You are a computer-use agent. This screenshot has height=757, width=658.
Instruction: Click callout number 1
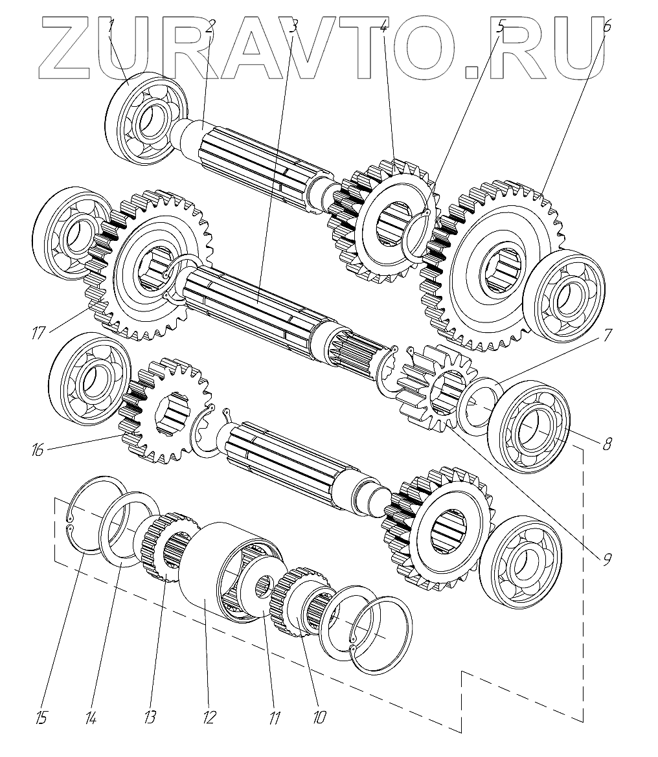point(111,27)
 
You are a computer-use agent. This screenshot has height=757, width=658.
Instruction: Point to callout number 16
point(37,449)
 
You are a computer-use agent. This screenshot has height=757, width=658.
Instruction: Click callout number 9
point(606,559)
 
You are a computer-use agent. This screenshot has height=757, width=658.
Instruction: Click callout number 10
point(319,717)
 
